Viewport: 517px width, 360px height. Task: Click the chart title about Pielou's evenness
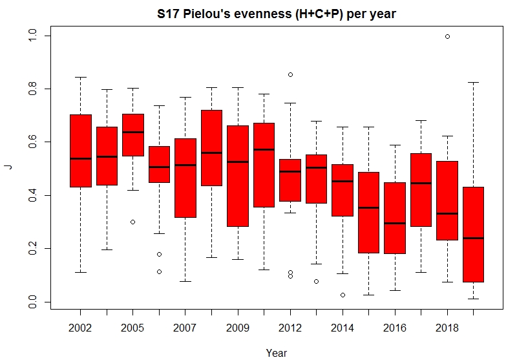275,13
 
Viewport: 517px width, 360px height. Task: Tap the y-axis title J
8,166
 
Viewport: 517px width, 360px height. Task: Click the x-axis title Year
276,352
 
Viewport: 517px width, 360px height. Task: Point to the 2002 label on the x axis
80,328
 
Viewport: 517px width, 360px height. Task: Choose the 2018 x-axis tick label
448,328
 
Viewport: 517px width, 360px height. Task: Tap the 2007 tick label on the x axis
185,328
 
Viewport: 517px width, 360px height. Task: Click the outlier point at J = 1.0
447,36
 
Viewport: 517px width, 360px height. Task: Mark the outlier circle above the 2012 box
290,74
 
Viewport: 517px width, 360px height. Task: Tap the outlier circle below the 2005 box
133,222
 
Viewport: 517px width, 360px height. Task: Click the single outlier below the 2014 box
343,295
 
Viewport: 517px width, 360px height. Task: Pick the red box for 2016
395,217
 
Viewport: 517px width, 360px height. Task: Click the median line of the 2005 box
133,132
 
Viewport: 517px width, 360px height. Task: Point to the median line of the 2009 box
238,162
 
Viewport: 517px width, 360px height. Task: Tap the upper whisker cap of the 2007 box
185,97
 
